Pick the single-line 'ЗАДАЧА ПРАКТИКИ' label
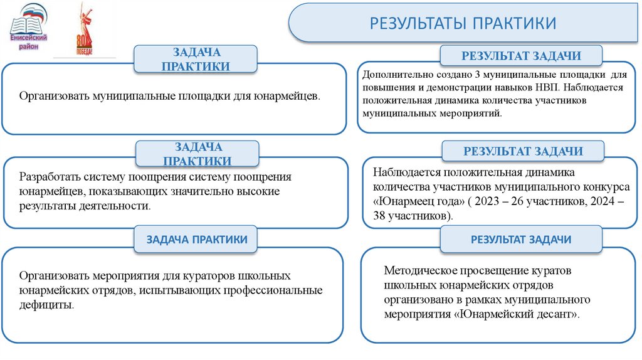click(x=196, y=240)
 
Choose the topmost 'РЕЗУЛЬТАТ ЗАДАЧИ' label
click(x=521, y=56)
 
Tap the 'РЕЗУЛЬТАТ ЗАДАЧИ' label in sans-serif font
click(x=520, y=240)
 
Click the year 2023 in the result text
click(x=498, y=201)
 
